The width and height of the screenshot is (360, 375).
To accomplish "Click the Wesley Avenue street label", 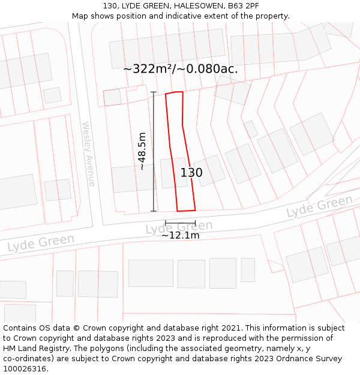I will [88, 154].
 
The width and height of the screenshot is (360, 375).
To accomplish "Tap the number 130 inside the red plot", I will [191, 173].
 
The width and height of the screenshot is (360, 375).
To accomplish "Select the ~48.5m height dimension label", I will [142, 151].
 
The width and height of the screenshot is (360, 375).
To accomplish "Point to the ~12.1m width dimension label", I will [180, 235].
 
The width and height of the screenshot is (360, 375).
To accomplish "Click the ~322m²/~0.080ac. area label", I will [180, 69].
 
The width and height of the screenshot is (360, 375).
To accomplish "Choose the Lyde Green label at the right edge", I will [319, 207].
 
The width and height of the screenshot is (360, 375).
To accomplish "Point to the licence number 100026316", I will [25, 369].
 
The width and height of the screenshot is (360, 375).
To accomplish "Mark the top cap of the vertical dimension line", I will [154, 92].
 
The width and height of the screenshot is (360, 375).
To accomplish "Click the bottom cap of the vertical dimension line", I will [154, 211].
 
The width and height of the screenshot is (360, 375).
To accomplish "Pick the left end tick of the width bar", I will [166, 223].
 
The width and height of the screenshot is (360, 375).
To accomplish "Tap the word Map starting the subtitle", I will [80, 16].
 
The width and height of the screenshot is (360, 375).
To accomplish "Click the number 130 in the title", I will [110, 5].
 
